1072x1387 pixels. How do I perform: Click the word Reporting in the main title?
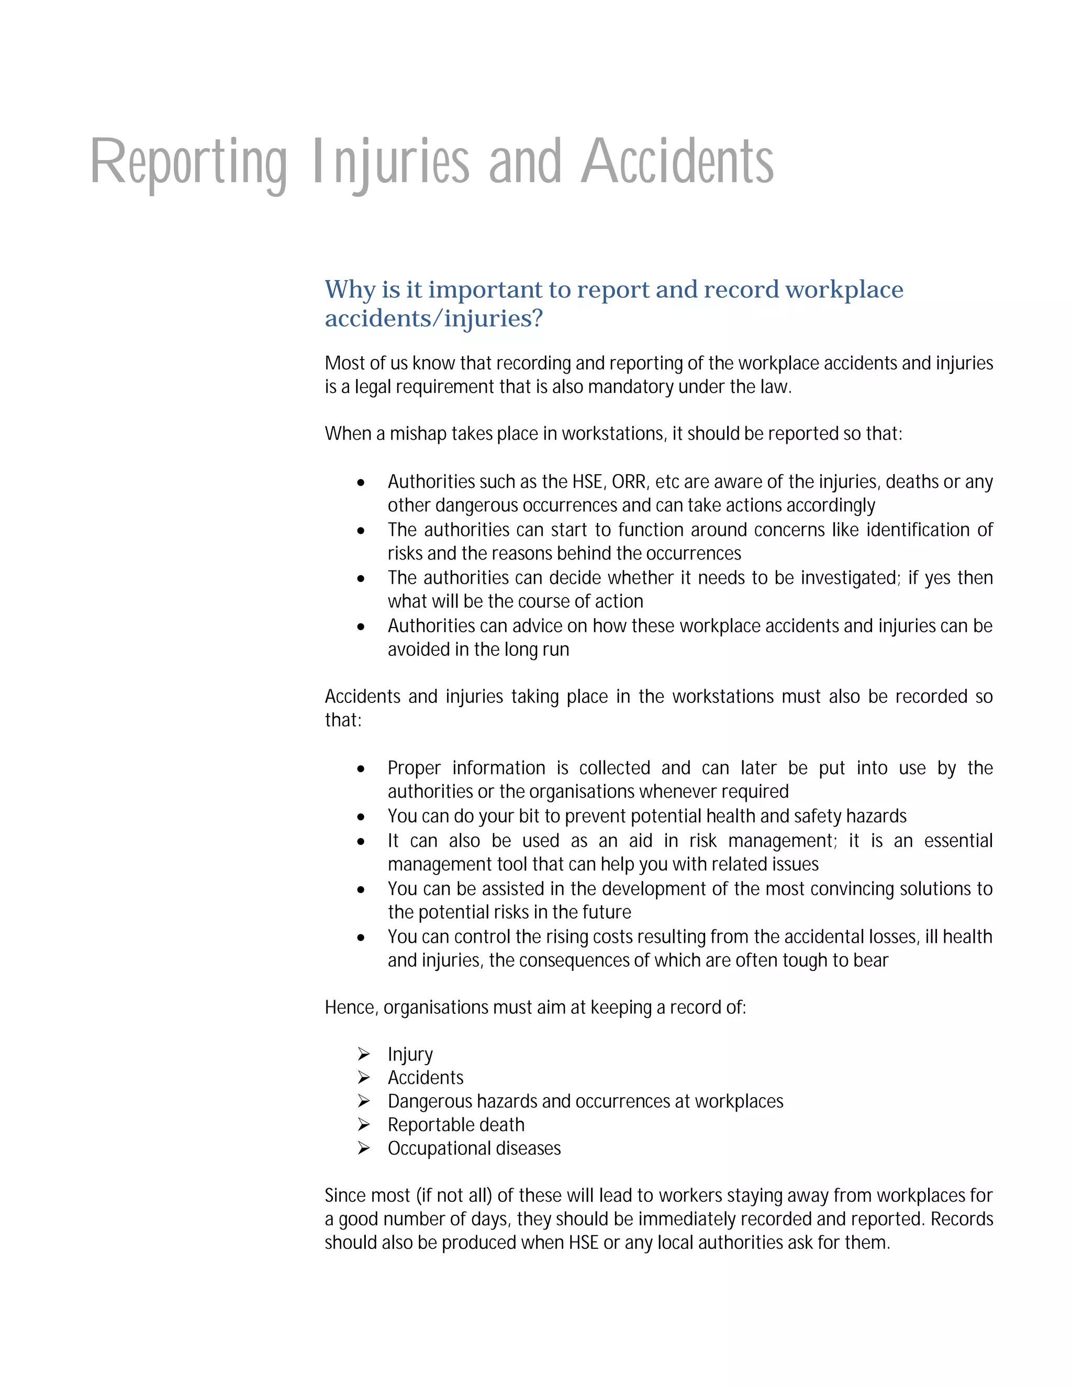pos(188,163)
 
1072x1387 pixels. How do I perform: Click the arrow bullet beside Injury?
pos(363,1054)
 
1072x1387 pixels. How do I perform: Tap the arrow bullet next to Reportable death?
pos(363,1125)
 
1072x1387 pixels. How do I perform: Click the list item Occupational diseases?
pos(474,1148)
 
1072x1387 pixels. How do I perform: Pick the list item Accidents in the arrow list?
pos(426,1078)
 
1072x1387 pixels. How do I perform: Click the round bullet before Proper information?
pos(361,769)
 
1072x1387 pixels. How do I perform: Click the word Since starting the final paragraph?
pos(344,1196)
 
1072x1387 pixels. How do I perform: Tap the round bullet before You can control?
pos(361,937)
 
